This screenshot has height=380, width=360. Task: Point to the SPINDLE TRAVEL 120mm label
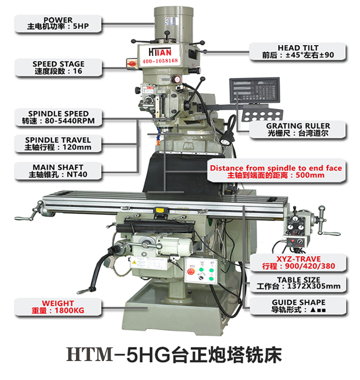58,144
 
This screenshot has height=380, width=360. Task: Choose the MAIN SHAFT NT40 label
58,171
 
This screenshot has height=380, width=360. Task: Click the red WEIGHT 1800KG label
57,307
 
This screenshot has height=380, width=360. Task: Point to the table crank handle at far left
25,218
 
